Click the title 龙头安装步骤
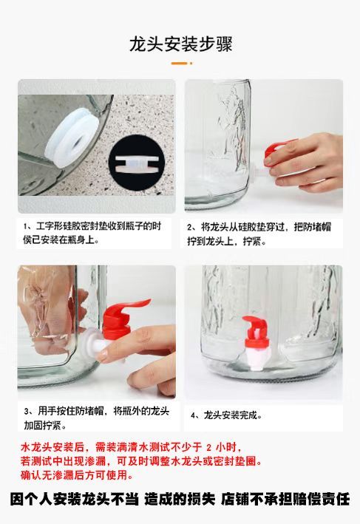pos(180,44)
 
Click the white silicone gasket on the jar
pos(72,137)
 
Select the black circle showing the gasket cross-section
pos(137,163)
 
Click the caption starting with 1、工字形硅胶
pos(92,233)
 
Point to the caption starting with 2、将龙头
pos(259,234)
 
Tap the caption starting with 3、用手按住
pos(97,418)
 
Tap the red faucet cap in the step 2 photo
pos(275,150)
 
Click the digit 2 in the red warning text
pos(209,447)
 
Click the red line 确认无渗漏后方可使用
pos(76,475)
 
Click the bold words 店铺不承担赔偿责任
pos(285,500)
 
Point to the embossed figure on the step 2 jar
pos(231,130)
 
